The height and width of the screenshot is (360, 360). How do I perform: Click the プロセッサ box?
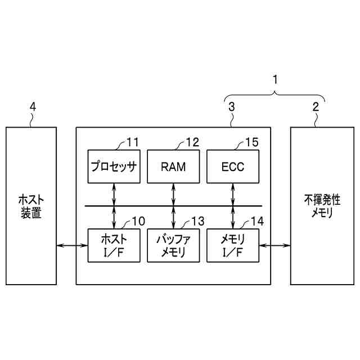(x=114, y=166)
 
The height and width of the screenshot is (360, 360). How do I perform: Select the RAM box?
(x=173, y=166)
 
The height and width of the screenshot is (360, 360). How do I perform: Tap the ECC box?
(x=232, y=166)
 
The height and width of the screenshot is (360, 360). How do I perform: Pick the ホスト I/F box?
(x=114, y=245)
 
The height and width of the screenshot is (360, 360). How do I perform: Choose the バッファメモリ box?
(x=173, y=245)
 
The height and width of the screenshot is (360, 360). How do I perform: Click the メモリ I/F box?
(x=232, y=245)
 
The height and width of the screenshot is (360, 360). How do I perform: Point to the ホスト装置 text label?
(x=31, y=206)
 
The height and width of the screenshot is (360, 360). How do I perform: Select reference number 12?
(x=192, y=142)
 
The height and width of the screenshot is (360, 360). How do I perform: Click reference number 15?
(x=251, y=142)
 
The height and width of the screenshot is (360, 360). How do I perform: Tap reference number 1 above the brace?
(x=275, y=80)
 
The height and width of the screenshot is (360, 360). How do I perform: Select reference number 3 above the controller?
(x=231, y=106)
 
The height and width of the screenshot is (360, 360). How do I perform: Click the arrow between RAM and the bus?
(x=173, y=194)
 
